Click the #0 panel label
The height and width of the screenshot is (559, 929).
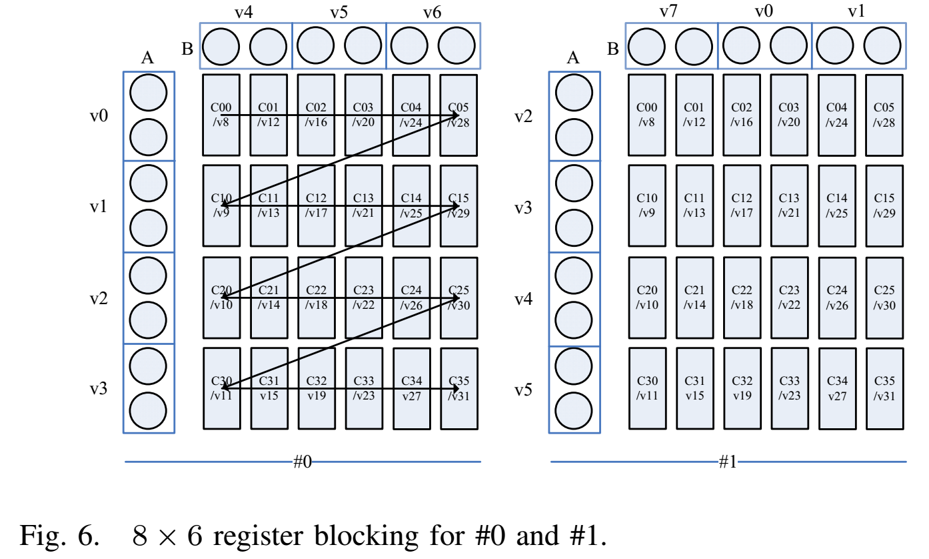(x=302, y=462)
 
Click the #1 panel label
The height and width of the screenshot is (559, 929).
(x=728, y=462)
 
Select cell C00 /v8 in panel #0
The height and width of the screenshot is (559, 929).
(x=221, y=115)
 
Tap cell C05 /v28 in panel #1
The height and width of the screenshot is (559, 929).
(x=884, y=115)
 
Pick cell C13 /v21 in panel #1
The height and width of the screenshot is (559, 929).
(x=790, y=205)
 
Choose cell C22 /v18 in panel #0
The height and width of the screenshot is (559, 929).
(x=317, y=298)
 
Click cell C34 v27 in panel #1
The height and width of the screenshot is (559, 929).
(x=837, y=388)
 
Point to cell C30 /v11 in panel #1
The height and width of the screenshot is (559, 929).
(x=647, y=388)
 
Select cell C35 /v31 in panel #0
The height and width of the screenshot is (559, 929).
(x=459, y=388)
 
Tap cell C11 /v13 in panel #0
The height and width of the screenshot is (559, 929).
(x=269, y=205)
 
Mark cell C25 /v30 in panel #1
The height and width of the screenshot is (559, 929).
(x=884, y=298)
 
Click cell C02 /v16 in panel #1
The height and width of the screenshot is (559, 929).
(x=742, y=115)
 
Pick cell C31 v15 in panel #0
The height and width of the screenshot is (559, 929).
(x=269, y=388)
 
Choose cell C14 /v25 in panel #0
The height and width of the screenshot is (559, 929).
(x=411, y=205)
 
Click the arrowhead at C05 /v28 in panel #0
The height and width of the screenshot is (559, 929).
(x=457, y=115)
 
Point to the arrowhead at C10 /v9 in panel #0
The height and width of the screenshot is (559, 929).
(x=224, y=205)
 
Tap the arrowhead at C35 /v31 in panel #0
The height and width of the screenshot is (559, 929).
(x=457, y=388)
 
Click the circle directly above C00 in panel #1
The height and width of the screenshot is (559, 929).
(x=646, y=47)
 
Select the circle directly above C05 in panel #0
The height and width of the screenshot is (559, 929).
(x=457, y=46)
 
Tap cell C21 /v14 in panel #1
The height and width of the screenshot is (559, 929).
(x=694, y=298)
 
